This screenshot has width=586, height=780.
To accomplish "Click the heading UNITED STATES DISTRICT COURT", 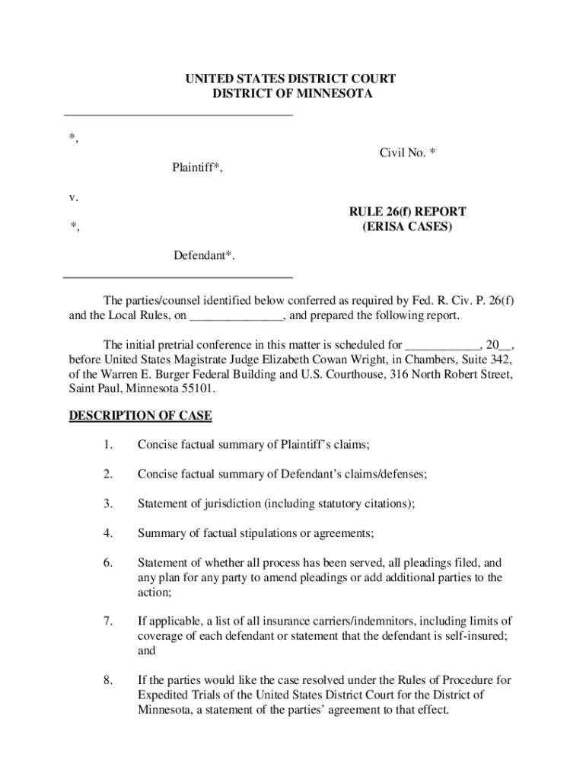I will [292, 79].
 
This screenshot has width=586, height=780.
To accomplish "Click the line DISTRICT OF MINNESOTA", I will [292, 94].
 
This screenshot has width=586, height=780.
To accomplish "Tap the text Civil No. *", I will [407, 153].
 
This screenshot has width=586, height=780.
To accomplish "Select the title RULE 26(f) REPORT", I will [407, 212].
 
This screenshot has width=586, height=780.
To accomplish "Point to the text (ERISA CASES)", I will [407, 226].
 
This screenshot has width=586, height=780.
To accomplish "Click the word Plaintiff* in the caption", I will [197, 168].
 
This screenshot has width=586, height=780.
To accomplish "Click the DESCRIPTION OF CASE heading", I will [140, 416].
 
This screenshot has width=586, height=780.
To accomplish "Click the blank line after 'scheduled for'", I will [442, 344].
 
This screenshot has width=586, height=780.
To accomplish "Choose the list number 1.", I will [109, 445].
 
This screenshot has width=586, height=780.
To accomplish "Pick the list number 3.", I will [109, 503].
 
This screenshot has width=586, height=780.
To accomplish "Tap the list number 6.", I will [109, 563].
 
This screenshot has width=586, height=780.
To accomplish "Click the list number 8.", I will [109, 680].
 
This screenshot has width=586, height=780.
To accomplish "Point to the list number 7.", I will [109, 622].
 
